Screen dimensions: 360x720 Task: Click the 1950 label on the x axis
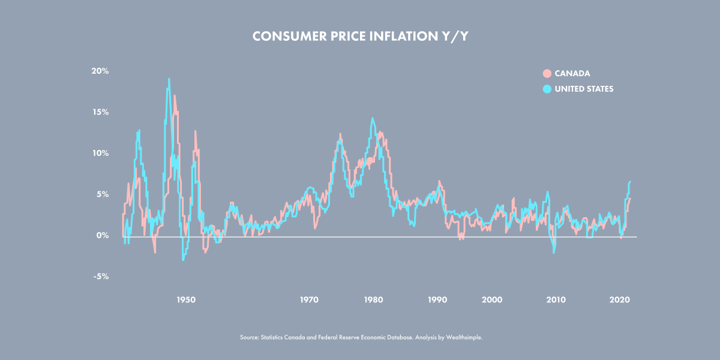point(186,299)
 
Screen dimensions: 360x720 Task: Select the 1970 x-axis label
point(309,299)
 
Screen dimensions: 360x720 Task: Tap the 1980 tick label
point(373,299)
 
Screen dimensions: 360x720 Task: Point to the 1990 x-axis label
point(437,299)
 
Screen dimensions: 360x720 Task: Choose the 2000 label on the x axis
point(492,299)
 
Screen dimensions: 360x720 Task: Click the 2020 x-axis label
point(620,299)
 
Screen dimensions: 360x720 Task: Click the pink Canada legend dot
point(547,74)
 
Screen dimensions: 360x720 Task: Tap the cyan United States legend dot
point(547,89)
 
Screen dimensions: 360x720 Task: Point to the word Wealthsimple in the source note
point(465,338)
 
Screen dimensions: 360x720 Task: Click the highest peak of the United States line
point(169,79)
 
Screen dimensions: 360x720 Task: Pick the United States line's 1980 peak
point(372,118)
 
